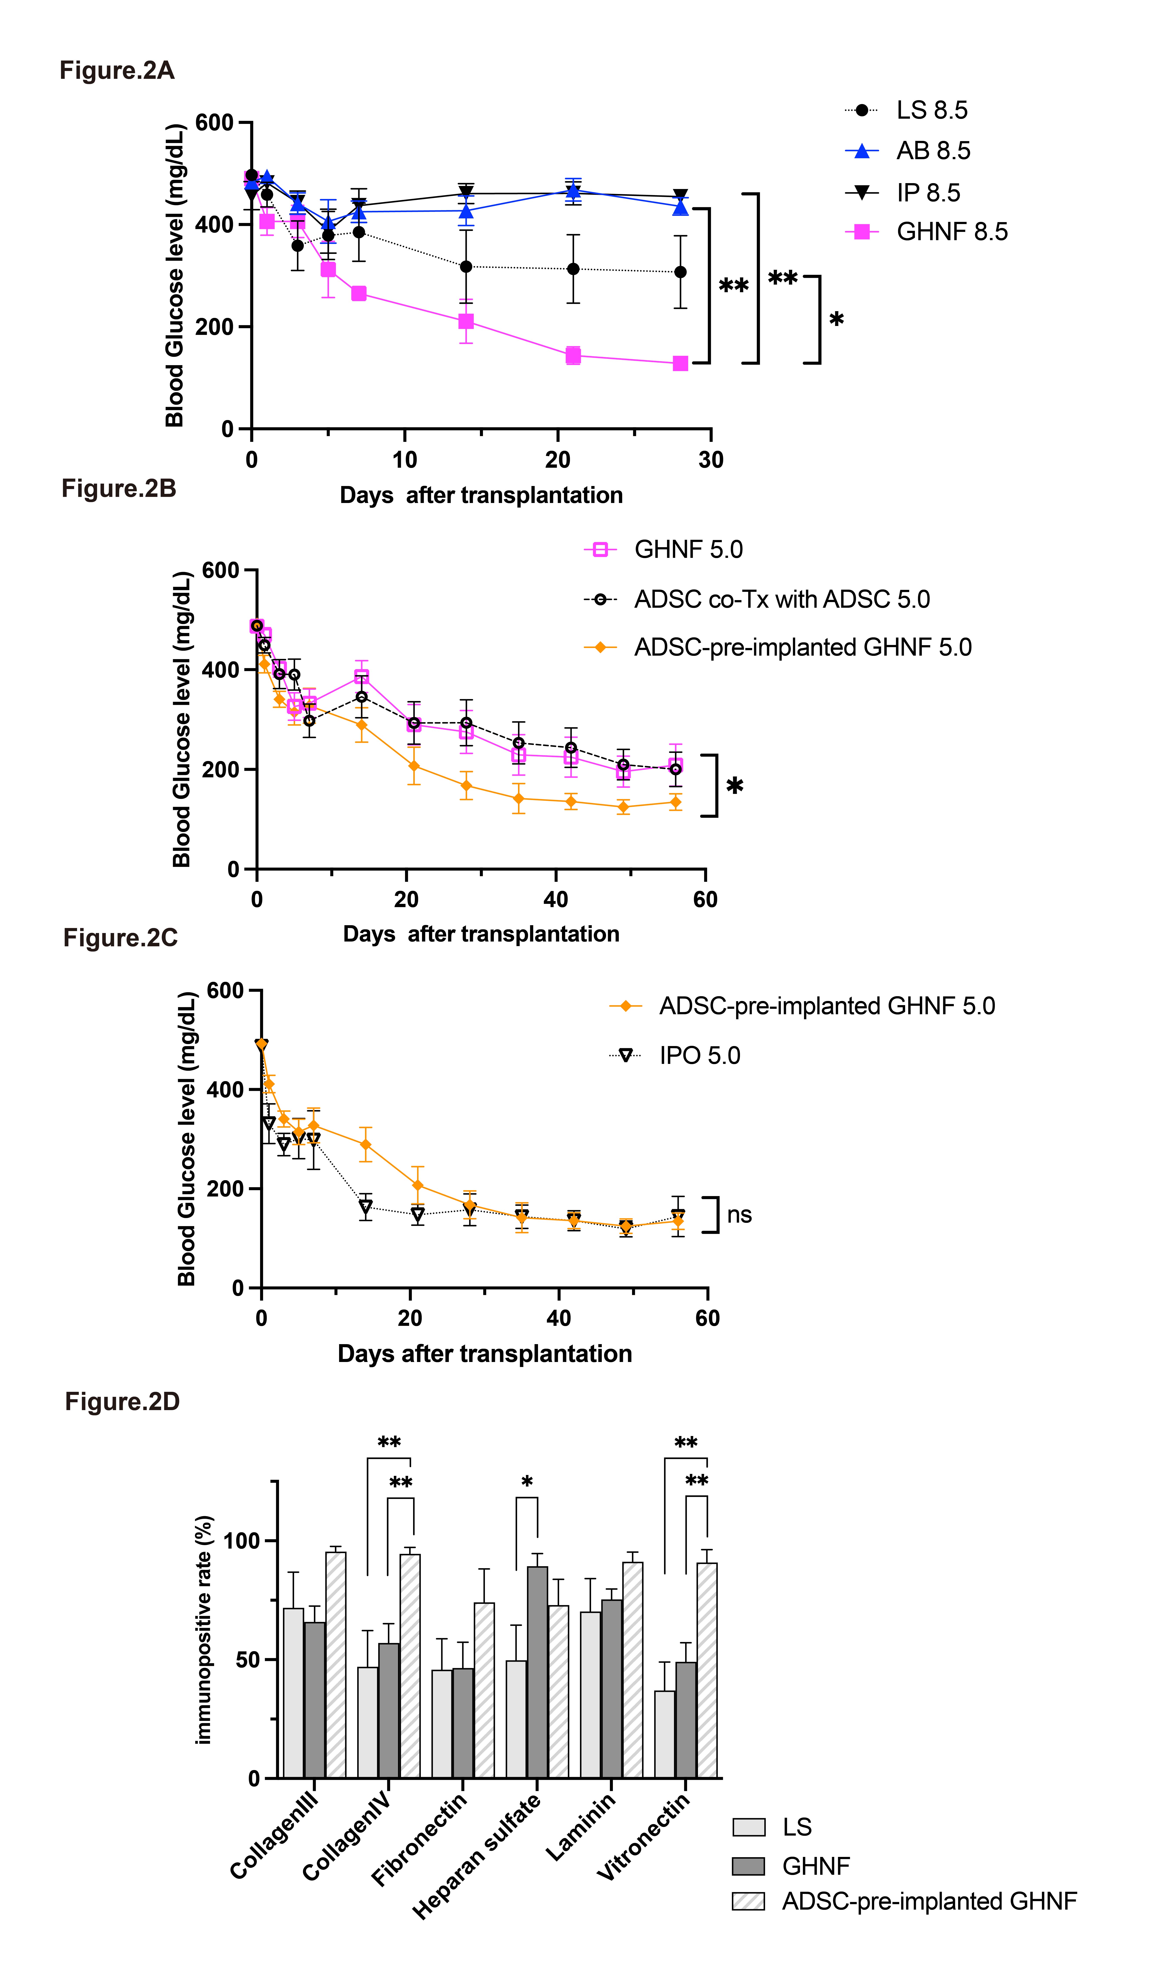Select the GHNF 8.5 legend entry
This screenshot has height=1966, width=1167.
926,231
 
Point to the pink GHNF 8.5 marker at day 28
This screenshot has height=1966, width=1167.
680,363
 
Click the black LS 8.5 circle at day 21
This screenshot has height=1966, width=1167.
573,269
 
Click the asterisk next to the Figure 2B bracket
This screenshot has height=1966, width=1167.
735,786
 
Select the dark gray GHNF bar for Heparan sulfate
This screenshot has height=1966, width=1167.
537,1672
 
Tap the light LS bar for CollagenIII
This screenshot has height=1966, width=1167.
293,1693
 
